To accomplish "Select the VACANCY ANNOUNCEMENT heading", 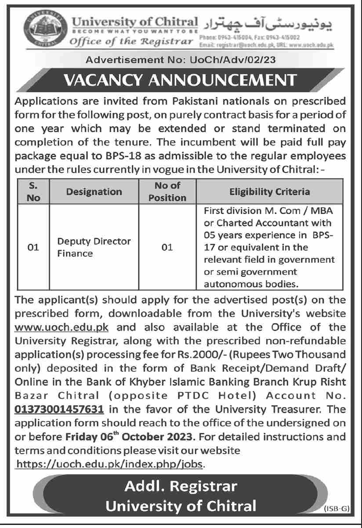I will (180, 80).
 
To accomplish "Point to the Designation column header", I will (94, 192).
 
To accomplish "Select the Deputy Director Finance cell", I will (94, 247).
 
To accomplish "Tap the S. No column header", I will (33, 192).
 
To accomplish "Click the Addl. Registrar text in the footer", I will (180, 486).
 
